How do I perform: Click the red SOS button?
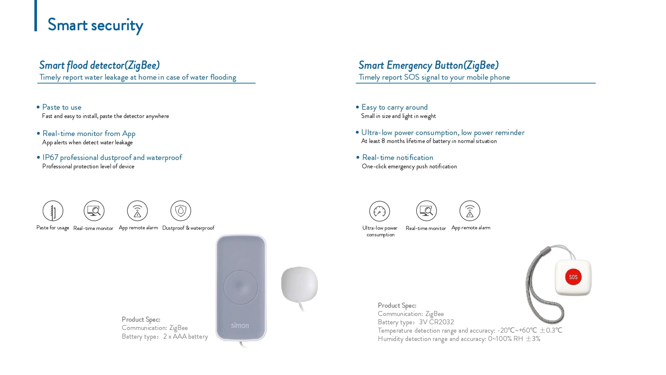click(573, 277)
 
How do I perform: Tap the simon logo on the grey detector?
click(240, 325)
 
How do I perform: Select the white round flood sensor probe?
click(299, 284)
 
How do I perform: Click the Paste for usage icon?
click(53, 211)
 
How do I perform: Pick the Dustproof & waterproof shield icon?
click(180, 211)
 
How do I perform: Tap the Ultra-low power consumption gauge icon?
click(379, 211)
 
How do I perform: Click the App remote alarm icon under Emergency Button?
click(470, 211)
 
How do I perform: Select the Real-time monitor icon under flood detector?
click(94, 211)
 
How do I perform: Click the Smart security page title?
click(95, 25)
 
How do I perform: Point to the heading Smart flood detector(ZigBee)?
click(99, 65)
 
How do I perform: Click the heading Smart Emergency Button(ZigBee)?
click(428, 65)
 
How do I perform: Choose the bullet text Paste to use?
click(62, 107)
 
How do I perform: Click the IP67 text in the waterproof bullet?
click(50, 157)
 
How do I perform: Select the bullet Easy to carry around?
click(394, 107)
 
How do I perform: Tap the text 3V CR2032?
click(436, 322)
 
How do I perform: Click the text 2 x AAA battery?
click(185, 336)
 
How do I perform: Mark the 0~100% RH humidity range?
click(505, 339)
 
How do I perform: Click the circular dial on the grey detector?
click(240, 287)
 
